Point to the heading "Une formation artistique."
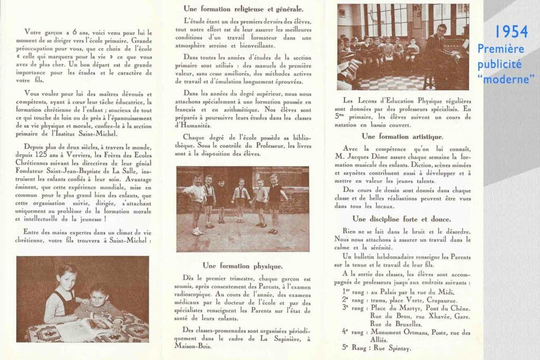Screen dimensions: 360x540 (x=401, y=136)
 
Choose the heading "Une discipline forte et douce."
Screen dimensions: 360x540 (x=401, y=219)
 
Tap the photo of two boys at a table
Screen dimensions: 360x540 (x=82, y=299)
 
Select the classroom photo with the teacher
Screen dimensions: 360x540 (x=403, y=46)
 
